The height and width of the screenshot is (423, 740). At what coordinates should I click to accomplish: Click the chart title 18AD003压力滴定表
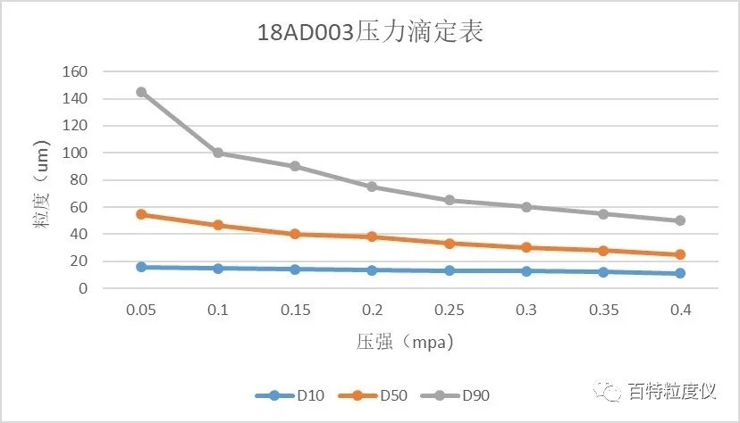(370, 33)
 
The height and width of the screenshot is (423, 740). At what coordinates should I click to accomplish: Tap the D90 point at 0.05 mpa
(141, 92)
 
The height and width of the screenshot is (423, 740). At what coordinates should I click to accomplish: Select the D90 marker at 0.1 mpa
(218, 153)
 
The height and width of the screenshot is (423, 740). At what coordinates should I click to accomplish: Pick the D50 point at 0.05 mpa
(141, 214)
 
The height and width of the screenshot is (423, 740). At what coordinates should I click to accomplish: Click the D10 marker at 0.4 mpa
(680, 273)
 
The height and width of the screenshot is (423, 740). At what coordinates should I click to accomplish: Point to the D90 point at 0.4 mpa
(680, 220)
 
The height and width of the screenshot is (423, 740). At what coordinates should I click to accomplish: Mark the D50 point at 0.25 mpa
(450, 243)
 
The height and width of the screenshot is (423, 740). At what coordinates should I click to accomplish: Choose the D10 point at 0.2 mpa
(373, 270)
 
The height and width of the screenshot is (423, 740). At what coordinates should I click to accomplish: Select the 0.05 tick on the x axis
(141, 310)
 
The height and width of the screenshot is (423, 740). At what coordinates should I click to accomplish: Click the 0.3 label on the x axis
(526, 310)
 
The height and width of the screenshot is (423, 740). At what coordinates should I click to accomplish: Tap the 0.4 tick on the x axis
(680, 310)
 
